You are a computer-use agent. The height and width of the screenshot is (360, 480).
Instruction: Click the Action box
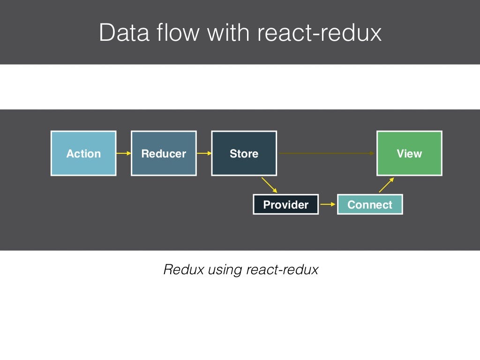[x=83, y=153]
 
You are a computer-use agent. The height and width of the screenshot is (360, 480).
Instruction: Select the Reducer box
[x=164, y=153]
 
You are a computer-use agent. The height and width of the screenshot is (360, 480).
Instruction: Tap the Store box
[x=244, y=153]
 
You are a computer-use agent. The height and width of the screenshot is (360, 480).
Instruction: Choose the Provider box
[x=285, y=204]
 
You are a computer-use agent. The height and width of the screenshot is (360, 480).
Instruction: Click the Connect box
[x=370, y=204]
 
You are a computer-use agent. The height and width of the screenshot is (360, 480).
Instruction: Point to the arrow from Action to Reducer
[x=123, y=153]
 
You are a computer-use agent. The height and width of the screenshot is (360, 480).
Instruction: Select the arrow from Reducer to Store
[x=204, y=153]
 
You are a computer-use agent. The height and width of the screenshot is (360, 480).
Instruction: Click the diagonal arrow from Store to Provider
[x=270, y=185]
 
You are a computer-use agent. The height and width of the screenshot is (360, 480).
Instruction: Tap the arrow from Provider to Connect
[x=328, y=204]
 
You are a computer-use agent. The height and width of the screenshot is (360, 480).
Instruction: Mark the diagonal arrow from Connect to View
[x=386, y=185]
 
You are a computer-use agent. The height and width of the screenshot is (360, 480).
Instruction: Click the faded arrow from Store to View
[x=327, y=153]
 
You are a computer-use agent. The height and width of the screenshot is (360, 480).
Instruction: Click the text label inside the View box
[x=409, y=154]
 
